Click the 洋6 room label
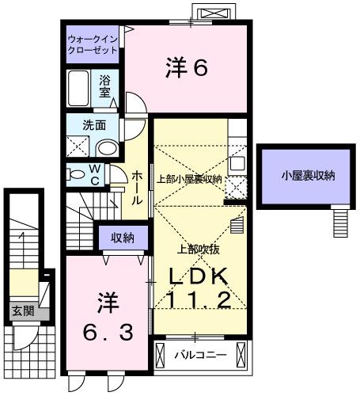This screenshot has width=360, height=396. [x=186, y=69]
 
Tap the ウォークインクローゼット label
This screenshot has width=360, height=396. [x=92, y=44]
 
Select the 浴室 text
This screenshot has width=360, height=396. [x=105, y=86]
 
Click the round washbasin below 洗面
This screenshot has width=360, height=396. [x=105, y=147]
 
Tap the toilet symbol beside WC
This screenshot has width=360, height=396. [x=78, y=173]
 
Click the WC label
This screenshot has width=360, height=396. [x=95, y=173]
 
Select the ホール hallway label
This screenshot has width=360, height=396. [x=136, y=187]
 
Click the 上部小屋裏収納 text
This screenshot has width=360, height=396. [x=188, y=179]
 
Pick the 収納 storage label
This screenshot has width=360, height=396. [x=122, y=237]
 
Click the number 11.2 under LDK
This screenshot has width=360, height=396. [x=199, y=300]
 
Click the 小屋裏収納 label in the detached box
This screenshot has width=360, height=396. [x=307, y=175]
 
